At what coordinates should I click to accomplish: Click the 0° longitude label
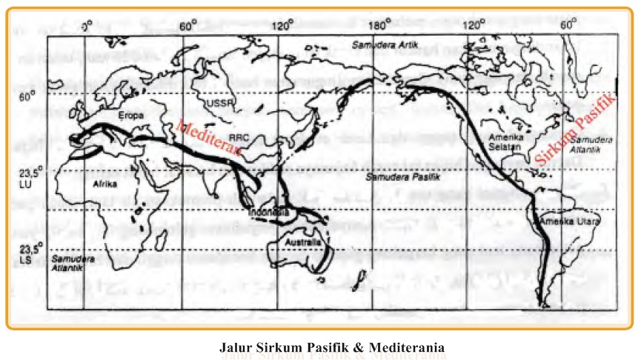point(86,25)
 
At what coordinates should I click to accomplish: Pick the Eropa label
point(130,116)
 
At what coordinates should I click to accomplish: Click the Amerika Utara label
point(568,221)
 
